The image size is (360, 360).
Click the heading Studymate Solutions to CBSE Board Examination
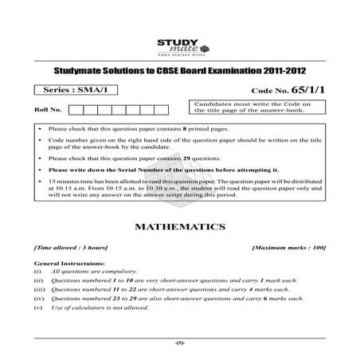(x=179, y=71)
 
